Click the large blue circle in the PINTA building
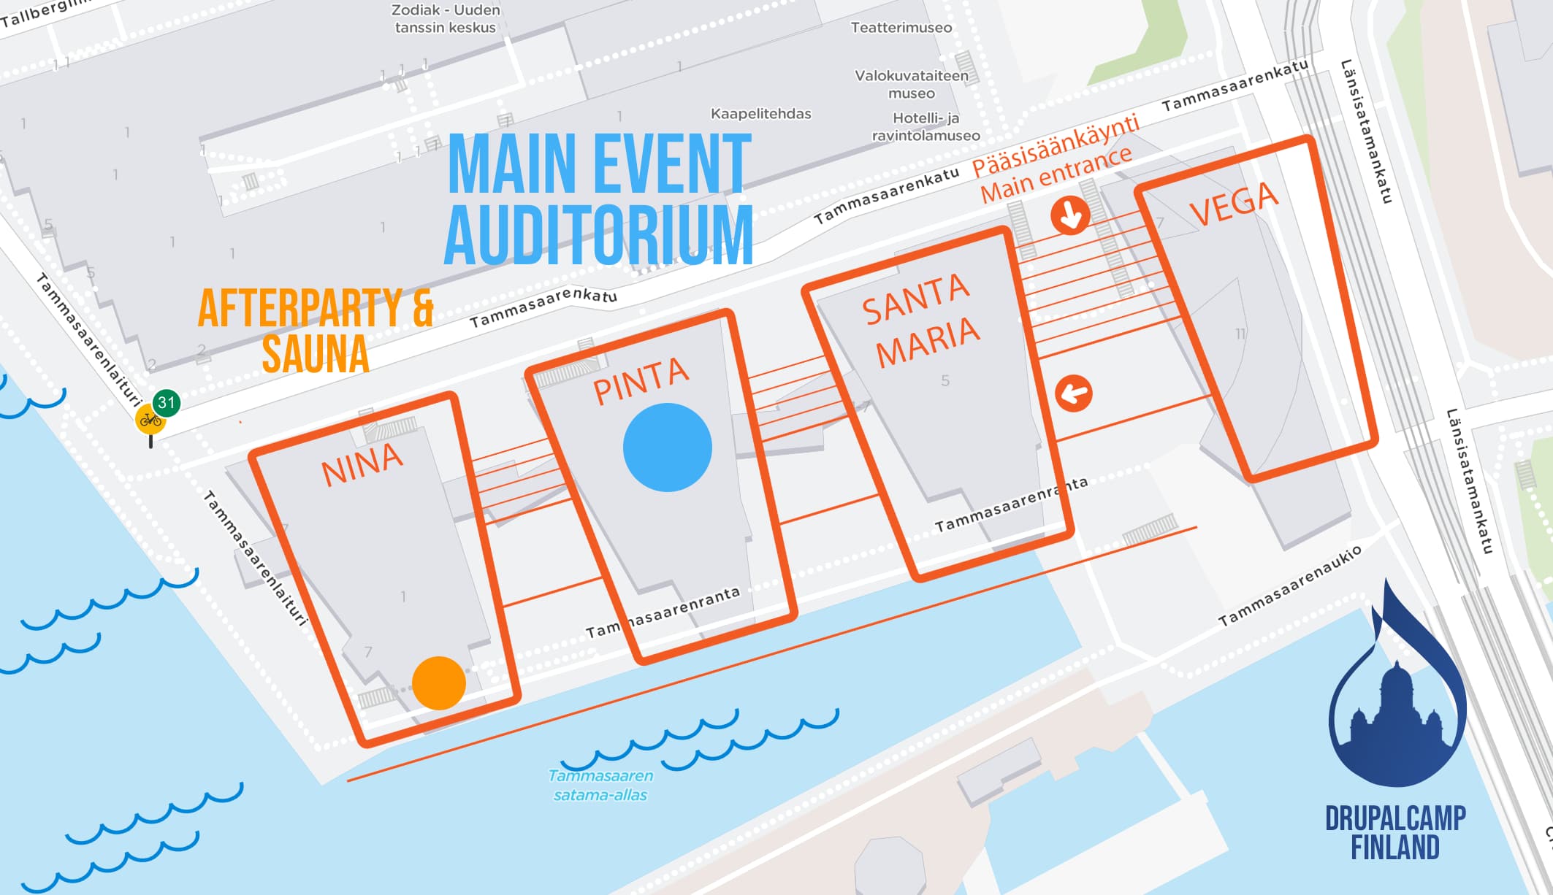click(667, 447)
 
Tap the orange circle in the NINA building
click(438, 683)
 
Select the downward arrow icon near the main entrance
click(1070, 215)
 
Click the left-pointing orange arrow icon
click(1073, 393)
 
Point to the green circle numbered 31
click(167, 402)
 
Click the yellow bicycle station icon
click(150, 420)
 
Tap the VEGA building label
click(1234, 204)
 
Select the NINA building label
click(362, 464)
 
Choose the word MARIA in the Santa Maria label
click(928, 342)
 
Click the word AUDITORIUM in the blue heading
click(598, 234)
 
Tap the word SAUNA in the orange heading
click(316, 355)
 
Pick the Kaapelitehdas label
click(760, 114)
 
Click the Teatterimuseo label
click(901, 28)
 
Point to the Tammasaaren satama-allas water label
click(600, 785)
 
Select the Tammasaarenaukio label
click(1289, 585)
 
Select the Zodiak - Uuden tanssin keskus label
click(446, 19)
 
